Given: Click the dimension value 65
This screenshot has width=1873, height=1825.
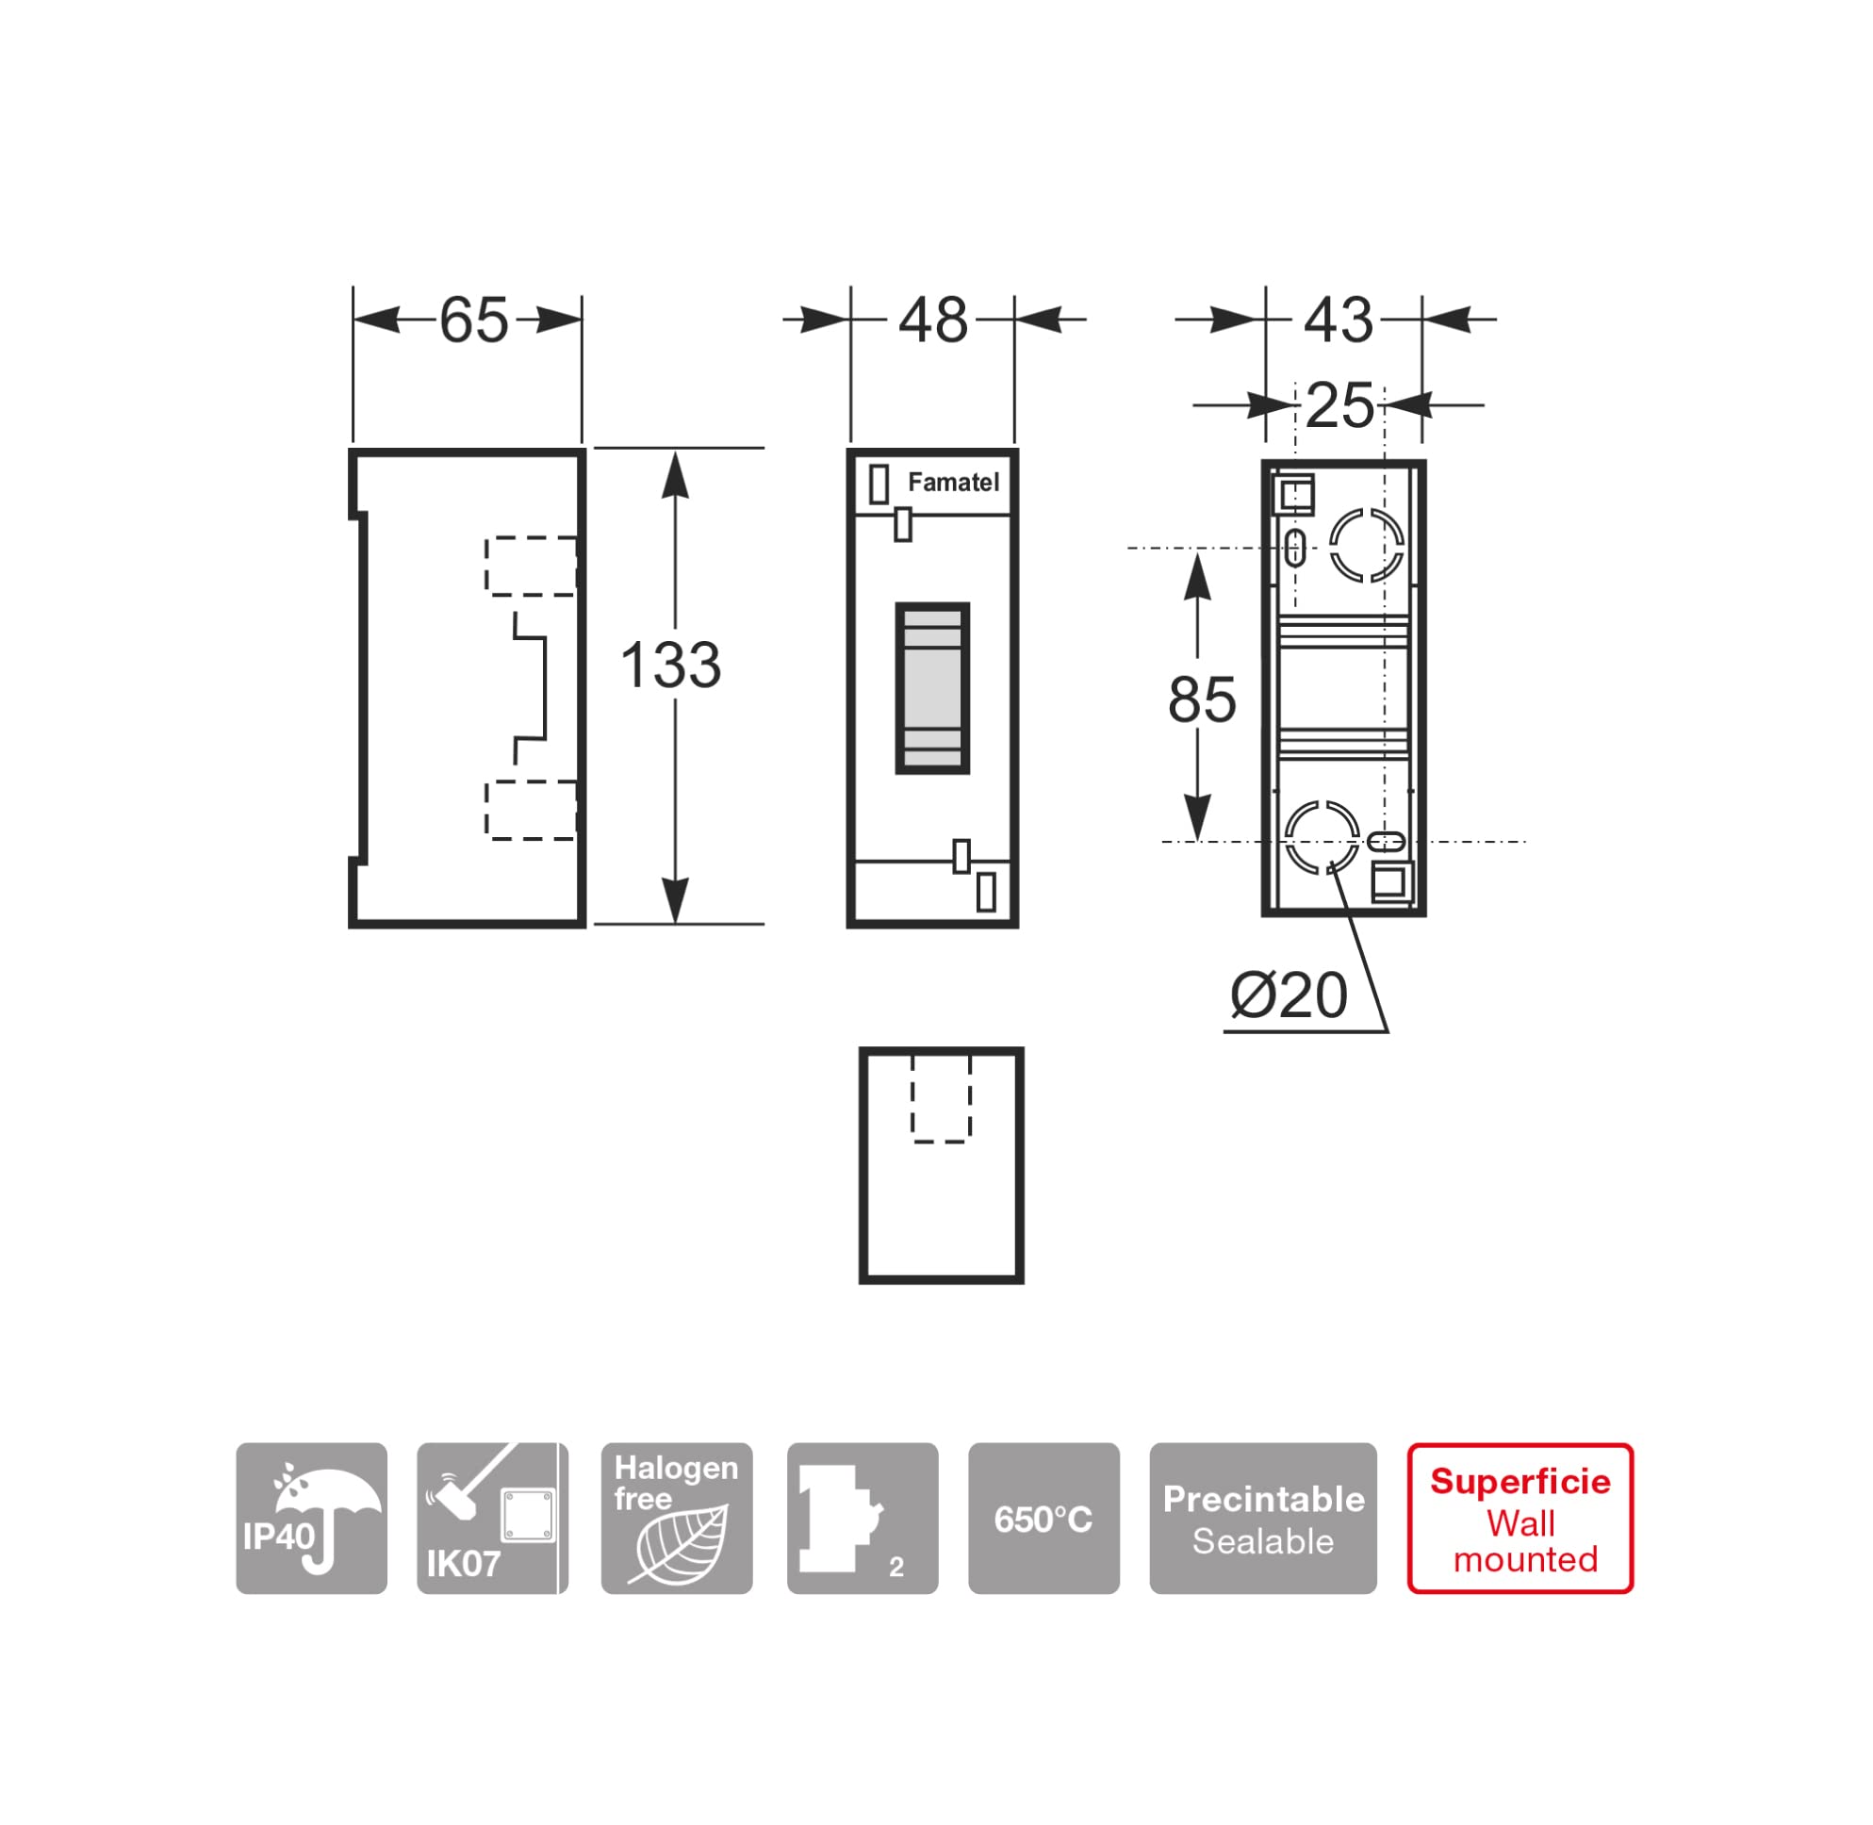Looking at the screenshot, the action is (473, 321).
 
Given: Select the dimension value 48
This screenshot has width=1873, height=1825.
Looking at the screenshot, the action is (932, 321).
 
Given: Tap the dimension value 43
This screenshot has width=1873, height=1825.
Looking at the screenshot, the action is (1339, 321).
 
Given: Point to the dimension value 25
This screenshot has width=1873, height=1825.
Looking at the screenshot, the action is (1339, 405).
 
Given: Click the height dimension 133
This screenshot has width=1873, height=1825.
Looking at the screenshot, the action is (670, 665).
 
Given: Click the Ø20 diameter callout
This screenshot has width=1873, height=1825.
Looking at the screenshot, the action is (1289, 995).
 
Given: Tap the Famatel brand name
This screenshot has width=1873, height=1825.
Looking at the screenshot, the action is (953, 482).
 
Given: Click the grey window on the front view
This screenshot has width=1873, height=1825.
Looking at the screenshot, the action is (931, 687).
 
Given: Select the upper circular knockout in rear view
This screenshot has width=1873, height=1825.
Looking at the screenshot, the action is (1367, 510).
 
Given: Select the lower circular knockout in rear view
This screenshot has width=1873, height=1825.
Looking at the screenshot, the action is (1322, 803).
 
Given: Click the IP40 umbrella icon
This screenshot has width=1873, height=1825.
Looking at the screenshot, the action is (311, 1519).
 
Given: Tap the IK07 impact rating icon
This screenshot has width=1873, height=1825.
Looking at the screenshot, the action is (493, 1519).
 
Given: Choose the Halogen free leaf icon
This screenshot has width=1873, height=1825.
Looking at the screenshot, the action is (677, 1519).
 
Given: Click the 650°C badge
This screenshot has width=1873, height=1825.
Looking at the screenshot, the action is (1043, 1519).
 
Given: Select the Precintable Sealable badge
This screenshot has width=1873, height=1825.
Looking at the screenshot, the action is (1262, 1519).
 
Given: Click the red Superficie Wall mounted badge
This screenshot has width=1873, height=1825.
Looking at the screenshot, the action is (1520, 1519).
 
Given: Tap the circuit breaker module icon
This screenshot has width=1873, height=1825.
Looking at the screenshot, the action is (863, 1519).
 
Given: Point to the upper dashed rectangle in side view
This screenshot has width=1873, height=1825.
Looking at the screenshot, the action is (486, 567).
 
